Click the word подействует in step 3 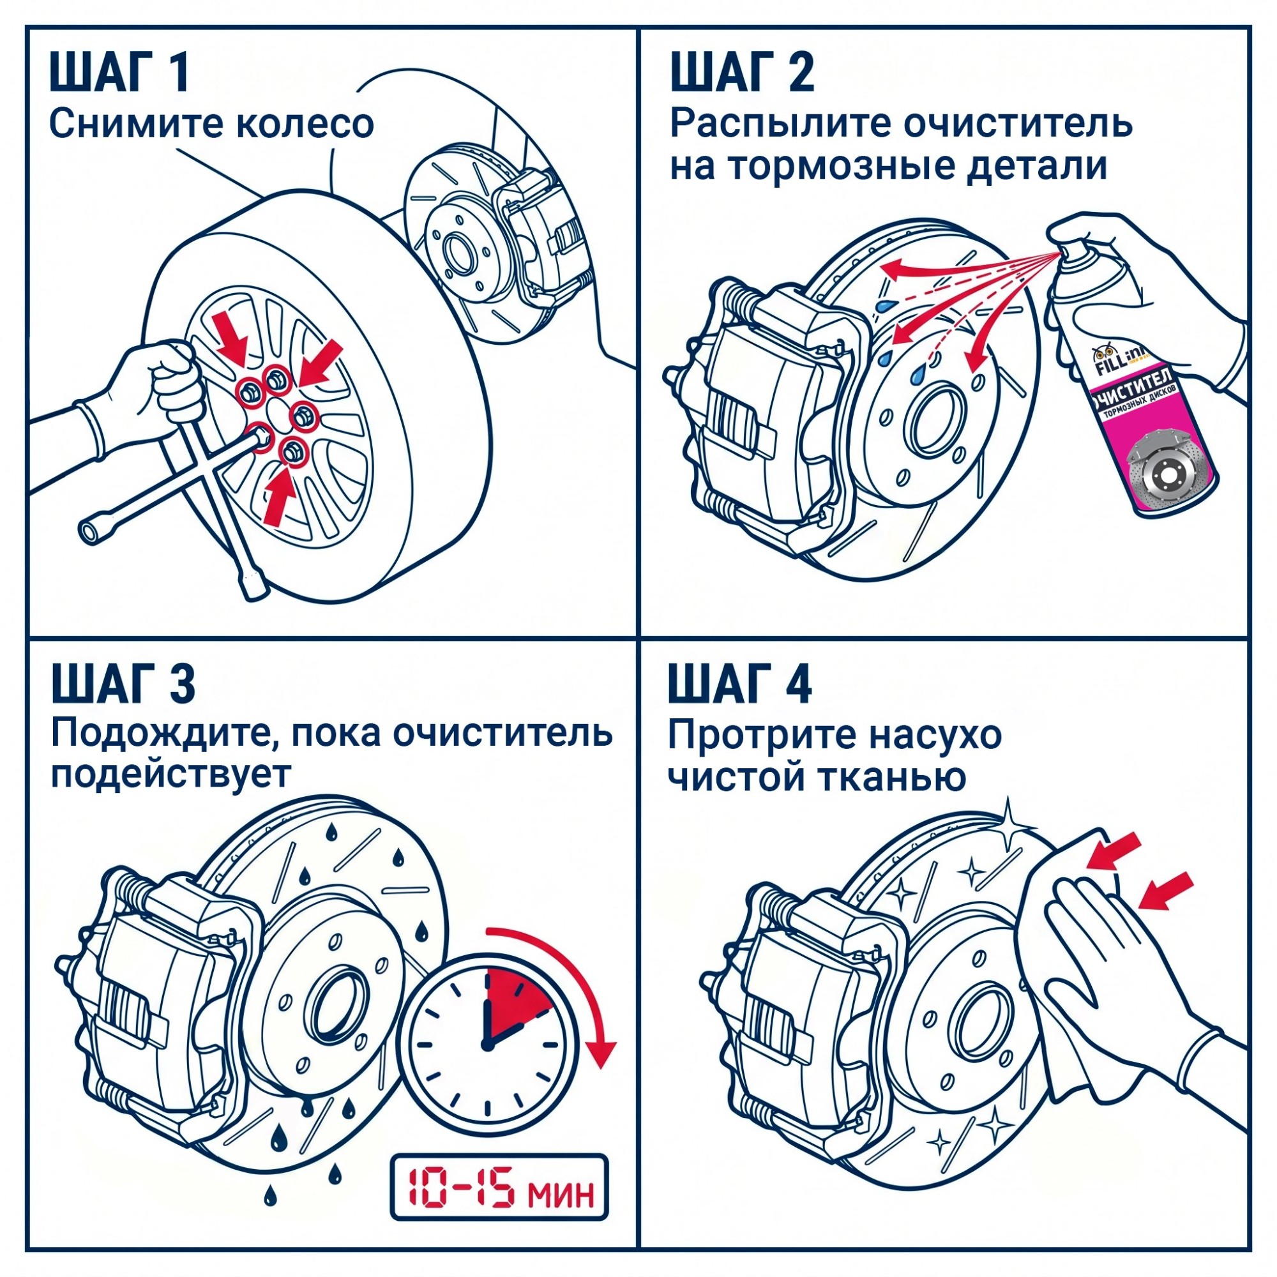coord(170,774)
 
